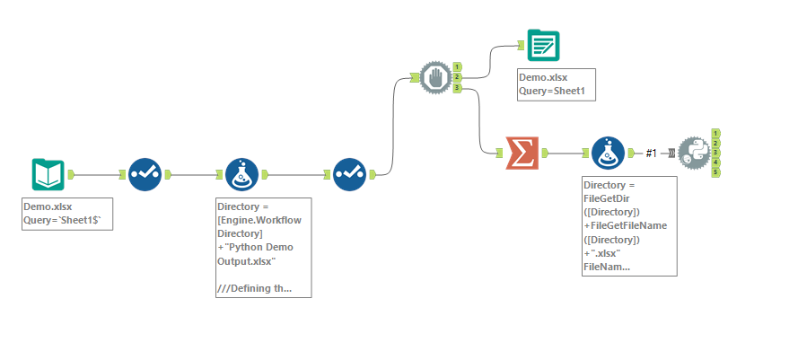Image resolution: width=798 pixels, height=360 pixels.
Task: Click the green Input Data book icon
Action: tap(48, 175)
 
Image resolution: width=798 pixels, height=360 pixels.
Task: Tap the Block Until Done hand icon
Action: tap(435, 77)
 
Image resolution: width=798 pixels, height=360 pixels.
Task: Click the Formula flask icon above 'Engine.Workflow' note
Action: tap(241, 175)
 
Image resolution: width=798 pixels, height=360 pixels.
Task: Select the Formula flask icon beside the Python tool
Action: tap(608, 154)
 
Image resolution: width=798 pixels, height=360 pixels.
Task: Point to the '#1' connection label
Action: tap(652, 154)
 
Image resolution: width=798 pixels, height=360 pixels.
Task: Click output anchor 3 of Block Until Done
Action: tap(457, 88)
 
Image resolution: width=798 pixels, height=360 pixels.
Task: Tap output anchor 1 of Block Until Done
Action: tap(457, 66)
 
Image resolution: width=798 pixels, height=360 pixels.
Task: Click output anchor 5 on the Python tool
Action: tap(716, 171)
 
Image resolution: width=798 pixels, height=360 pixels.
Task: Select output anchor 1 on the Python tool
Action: tap(715, 133)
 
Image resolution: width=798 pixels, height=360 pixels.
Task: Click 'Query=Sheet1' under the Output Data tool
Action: tap(557, 91)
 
